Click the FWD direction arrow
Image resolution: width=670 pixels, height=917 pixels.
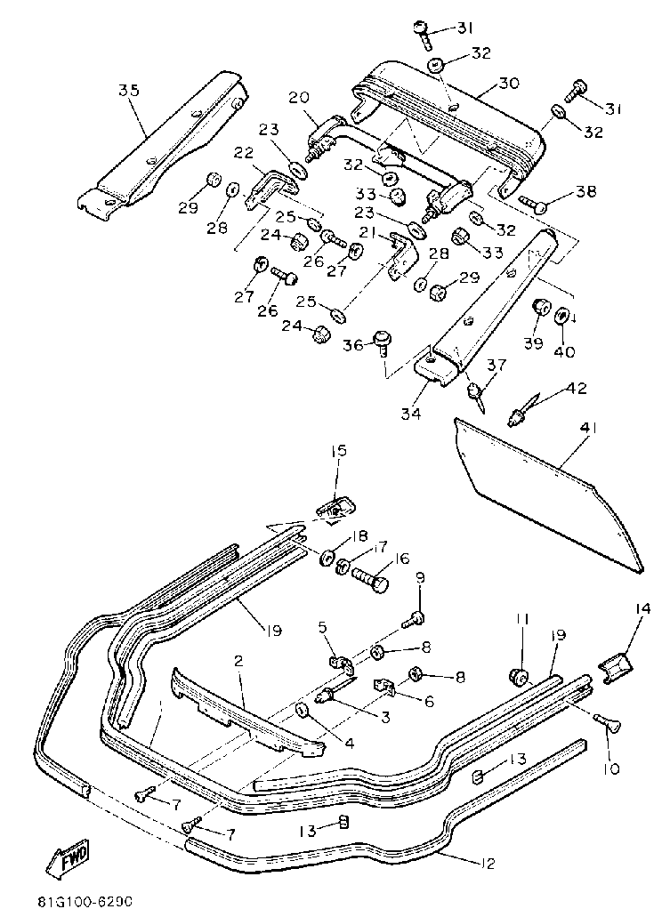(65, 861)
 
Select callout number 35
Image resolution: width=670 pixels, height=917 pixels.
(129, 90)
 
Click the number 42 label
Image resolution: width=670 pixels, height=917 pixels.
(577, 389)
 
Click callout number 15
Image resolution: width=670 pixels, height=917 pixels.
(339, 452)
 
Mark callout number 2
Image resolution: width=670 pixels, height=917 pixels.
(238, 660)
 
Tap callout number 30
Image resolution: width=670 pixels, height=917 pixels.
(508, 84)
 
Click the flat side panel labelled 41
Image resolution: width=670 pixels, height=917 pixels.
(547, 499)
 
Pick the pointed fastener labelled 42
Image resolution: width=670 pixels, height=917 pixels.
(522, 413)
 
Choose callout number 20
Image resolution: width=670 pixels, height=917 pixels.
(298, 96)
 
